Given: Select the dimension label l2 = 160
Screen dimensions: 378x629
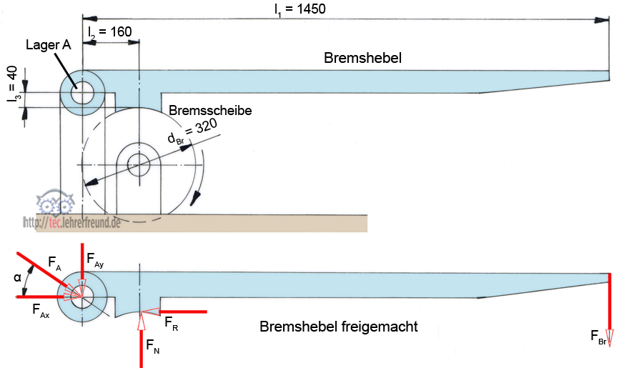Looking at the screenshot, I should [109, 33].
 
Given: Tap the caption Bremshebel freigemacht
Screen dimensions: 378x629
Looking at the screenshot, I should [338, 327].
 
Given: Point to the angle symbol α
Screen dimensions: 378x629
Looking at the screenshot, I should [16, 277].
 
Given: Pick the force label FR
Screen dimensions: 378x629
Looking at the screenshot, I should [171, 322].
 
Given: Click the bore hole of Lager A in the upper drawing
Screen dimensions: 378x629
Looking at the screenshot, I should [83, 93].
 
